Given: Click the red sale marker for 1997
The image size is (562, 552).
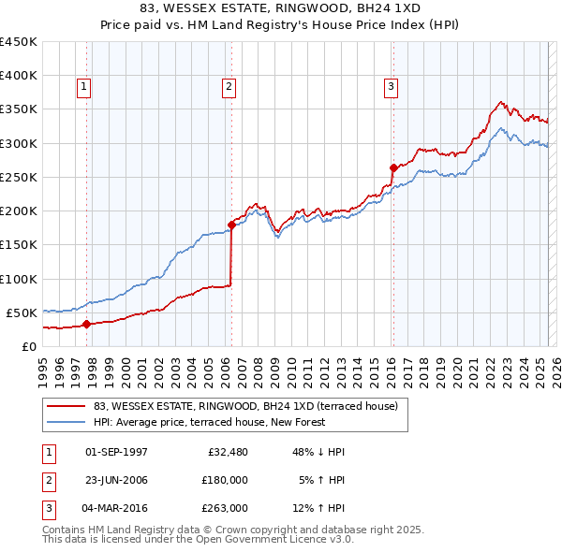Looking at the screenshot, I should pos(86,325).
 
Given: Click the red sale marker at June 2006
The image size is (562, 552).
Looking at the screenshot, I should pos(231,225).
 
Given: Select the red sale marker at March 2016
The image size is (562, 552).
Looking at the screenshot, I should pos(392,168).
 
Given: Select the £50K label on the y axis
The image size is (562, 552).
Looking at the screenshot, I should pos(22,312).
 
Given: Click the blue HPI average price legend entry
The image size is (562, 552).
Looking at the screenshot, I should pos(208,422).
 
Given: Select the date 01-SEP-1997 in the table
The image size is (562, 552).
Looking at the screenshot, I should pos(116,452).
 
